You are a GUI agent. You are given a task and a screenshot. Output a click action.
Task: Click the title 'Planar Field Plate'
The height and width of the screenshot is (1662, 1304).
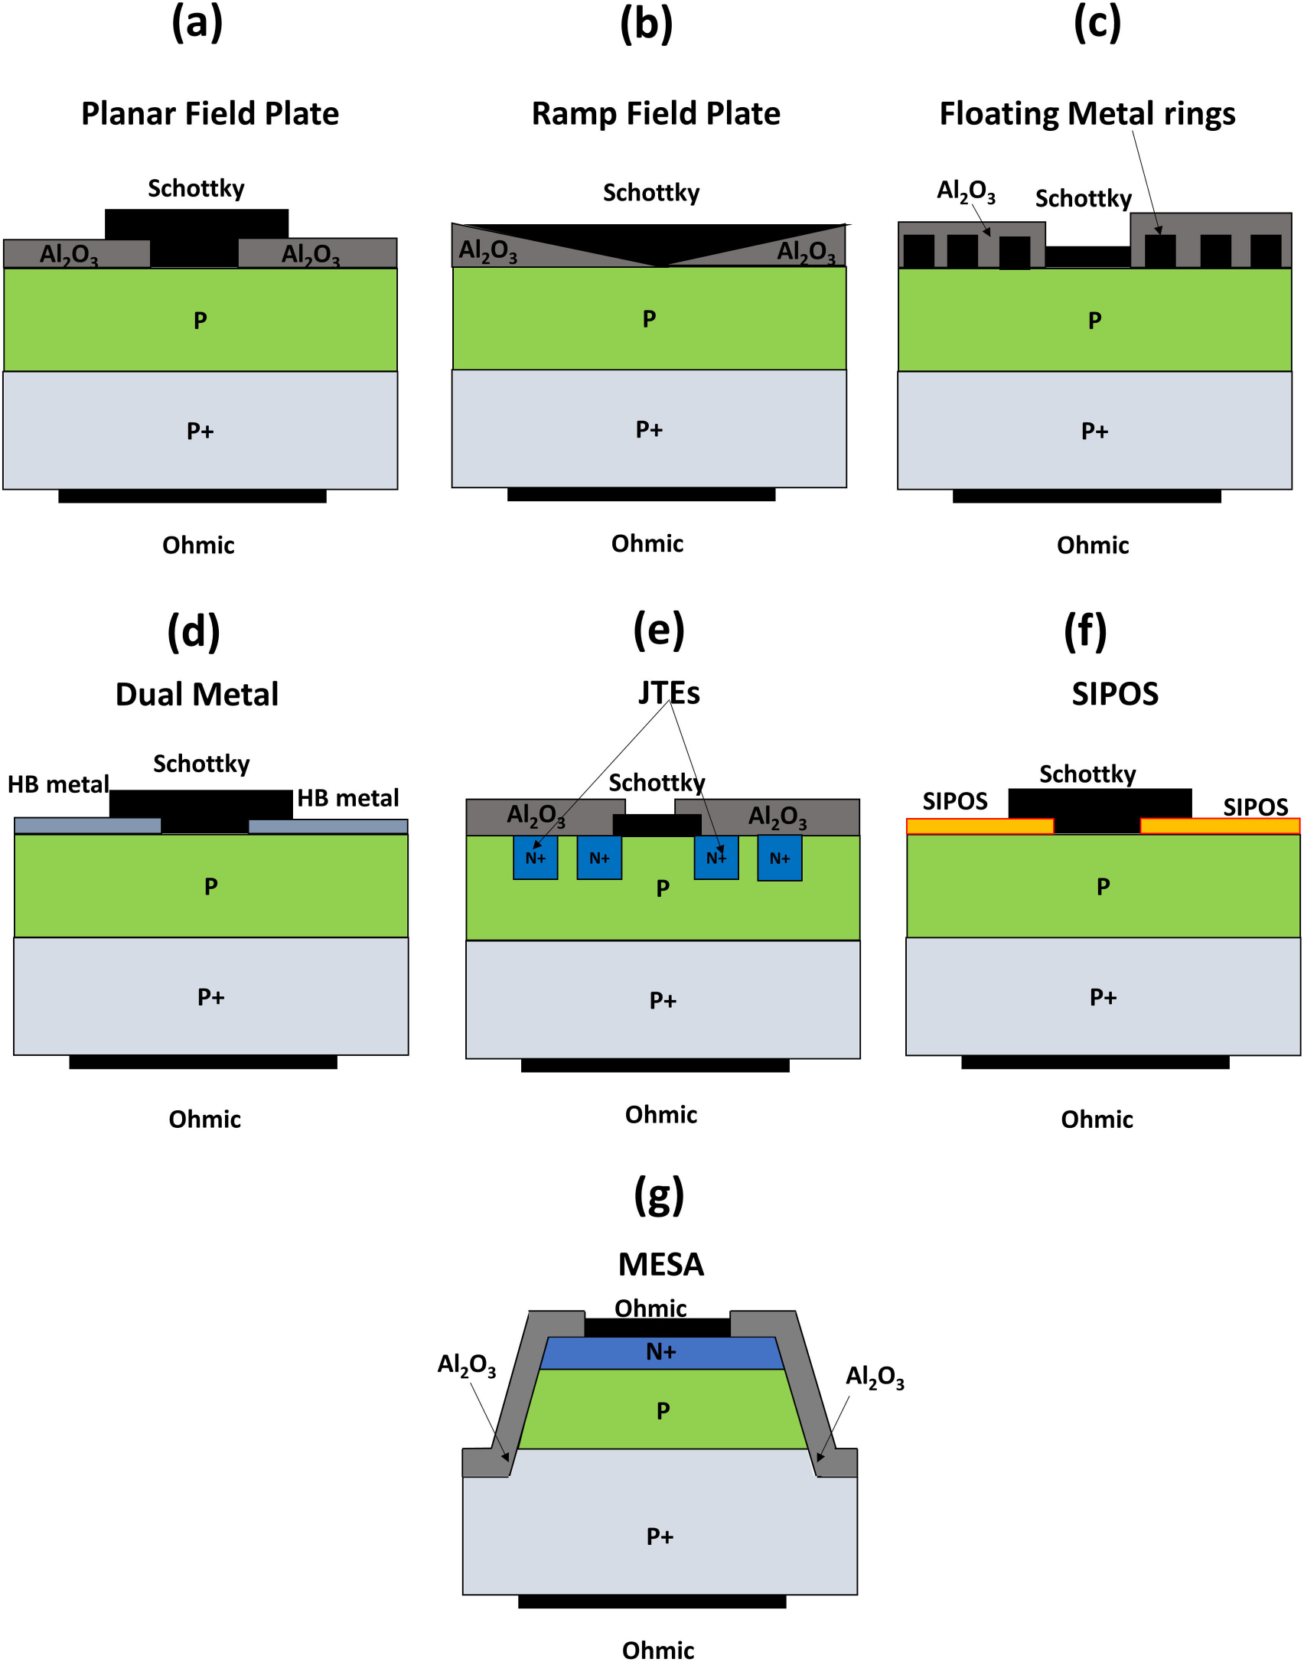(x=210, y=113)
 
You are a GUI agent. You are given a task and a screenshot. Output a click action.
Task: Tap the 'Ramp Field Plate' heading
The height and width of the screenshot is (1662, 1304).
(x=656, y=113)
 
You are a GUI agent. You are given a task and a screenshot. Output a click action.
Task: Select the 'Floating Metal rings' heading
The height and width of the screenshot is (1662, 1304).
(x=1087, y=113)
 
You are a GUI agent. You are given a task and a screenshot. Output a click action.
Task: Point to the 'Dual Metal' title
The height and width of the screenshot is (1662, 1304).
(x=197, y=694)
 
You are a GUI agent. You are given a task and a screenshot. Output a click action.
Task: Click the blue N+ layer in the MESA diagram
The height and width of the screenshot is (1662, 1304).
(x=661, y=1352)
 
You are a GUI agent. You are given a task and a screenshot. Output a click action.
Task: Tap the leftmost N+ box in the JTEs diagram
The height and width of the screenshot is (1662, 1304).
(x=535, y=857)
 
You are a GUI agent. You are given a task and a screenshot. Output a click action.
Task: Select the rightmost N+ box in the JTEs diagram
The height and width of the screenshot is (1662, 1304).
(x=779, y=858)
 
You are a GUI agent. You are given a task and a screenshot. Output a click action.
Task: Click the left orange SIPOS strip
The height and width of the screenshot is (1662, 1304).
(x=980, y=826)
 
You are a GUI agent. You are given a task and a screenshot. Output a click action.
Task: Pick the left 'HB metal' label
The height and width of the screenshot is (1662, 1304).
(x=58, y=784)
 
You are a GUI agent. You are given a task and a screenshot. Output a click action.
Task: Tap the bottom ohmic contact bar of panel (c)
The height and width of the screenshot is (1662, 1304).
(x=1087, y=496)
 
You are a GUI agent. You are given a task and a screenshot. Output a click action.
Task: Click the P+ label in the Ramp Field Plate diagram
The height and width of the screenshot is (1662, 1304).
(x=649, y=429)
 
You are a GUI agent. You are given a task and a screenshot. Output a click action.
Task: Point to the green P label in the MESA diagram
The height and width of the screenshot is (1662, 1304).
(x=663, y=1410)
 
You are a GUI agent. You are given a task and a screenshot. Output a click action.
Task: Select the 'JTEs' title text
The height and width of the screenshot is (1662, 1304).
(x=669, y=692)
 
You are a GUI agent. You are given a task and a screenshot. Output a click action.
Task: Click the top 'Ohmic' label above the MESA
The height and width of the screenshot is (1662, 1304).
(x=650, y=1308)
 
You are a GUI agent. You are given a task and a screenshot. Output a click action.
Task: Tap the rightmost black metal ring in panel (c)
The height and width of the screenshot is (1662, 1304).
(x=1265, y=250)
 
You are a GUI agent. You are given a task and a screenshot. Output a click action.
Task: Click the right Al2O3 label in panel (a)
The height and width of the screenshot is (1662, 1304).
(x=310, y=253)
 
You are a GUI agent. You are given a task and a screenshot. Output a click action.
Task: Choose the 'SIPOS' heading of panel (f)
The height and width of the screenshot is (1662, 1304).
(x=1114, y=693)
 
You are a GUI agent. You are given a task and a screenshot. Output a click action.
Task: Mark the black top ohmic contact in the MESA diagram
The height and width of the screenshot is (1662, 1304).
(x=657, y=1328)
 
